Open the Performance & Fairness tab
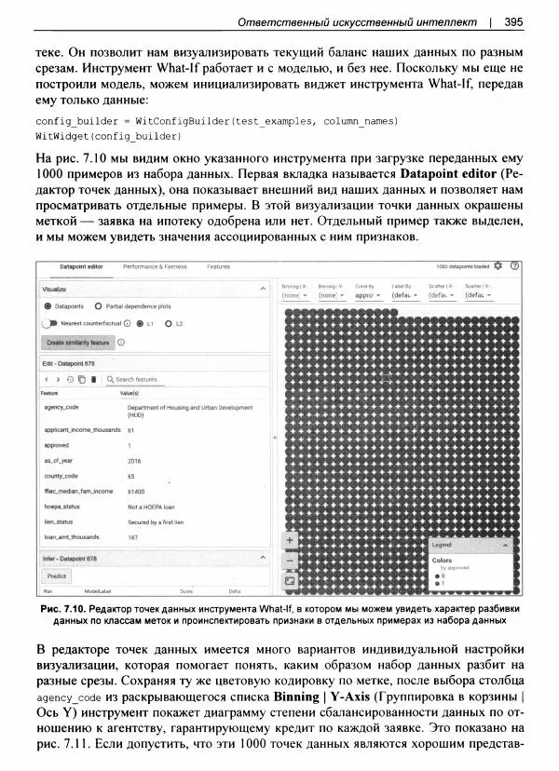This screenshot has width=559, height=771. point(155,266)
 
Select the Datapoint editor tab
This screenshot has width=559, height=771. point(80,266)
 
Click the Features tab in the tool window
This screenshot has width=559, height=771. point(218,266)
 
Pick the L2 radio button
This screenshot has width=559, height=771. point(169,323)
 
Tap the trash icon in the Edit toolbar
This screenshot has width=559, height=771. point(93,379)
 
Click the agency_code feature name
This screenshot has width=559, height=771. point(61,407)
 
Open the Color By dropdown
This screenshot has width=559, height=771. point(369,294)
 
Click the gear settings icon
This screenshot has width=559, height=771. point(497,265)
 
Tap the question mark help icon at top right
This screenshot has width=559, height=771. point(513,265)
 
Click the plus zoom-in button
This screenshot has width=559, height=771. point(290,539)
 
